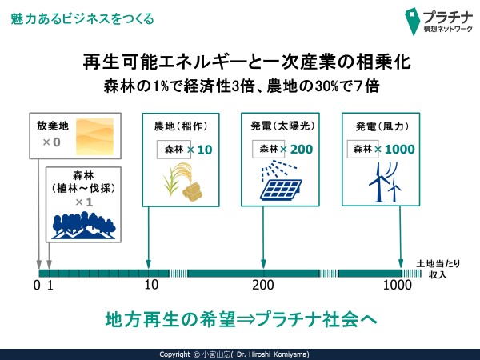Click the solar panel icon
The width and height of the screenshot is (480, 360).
point(281,182)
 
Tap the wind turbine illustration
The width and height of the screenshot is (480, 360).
point(385,182)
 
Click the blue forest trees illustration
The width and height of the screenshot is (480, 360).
point(83,226)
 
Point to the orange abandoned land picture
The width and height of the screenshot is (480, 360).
point(94,136)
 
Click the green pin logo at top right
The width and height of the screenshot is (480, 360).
point(412,22)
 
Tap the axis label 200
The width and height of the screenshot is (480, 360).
point(263,285)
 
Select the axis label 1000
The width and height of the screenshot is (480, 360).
point(398,285)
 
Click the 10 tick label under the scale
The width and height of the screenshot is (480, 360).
point(151,285)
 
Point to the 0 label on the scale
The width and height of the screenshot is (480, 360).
point(37,286)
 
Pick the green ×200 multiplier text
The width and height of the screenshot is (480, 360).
point(296,149)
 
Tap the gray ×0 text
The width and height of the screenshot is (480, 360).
point(51,142)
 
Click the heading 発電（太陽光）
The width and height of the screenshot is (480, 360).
point(282,126)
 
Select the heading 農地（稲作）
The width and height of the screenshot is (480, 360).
point(181,126)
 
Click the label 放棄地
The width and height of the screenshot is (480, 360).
point(52,126)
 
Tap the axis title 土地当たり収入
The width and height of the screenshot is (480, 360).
point(438,269)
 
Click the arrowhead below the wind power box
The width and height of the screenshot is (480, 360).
point(401,264)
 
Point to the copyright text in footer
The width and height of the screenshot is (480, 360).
point(234,354)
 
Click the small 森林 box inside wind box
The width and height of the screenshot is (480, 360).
point(362,149)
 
